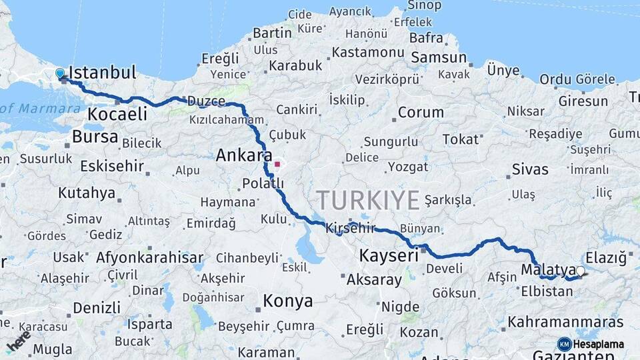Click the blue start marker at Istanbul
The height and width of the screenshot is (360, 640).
(60, 73)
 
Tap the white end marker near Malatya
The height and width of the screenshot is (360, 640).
(580, 271)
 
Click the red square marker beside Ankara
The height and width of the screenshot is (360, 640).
(277, 163)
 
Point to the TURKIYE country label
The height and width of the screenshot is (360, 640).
(368, 200)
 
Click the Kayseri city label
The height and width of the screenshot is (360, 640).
(389, 255)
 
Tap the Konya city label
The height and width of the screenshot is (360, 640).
(287, 301)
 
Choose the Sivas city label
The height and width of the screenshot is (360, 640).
(530, 169)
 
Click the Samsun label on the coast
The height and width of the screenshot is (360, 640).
(438, 58)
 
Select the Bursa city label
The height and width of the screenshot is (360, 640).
(95, 137)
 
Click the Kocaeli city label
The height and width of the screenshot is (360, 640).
(117, 114)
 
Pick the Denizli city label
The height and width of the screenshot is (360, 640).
(97, 307)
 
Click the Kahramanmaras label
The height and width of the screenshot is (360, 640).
(565, 322)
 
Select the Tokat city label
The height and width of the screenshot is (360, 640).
(461, 139)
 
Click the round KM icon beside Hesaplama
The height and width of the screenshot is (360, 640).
(564, 344)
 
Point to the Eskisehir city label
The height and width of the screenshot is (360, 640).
(112, 165)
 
